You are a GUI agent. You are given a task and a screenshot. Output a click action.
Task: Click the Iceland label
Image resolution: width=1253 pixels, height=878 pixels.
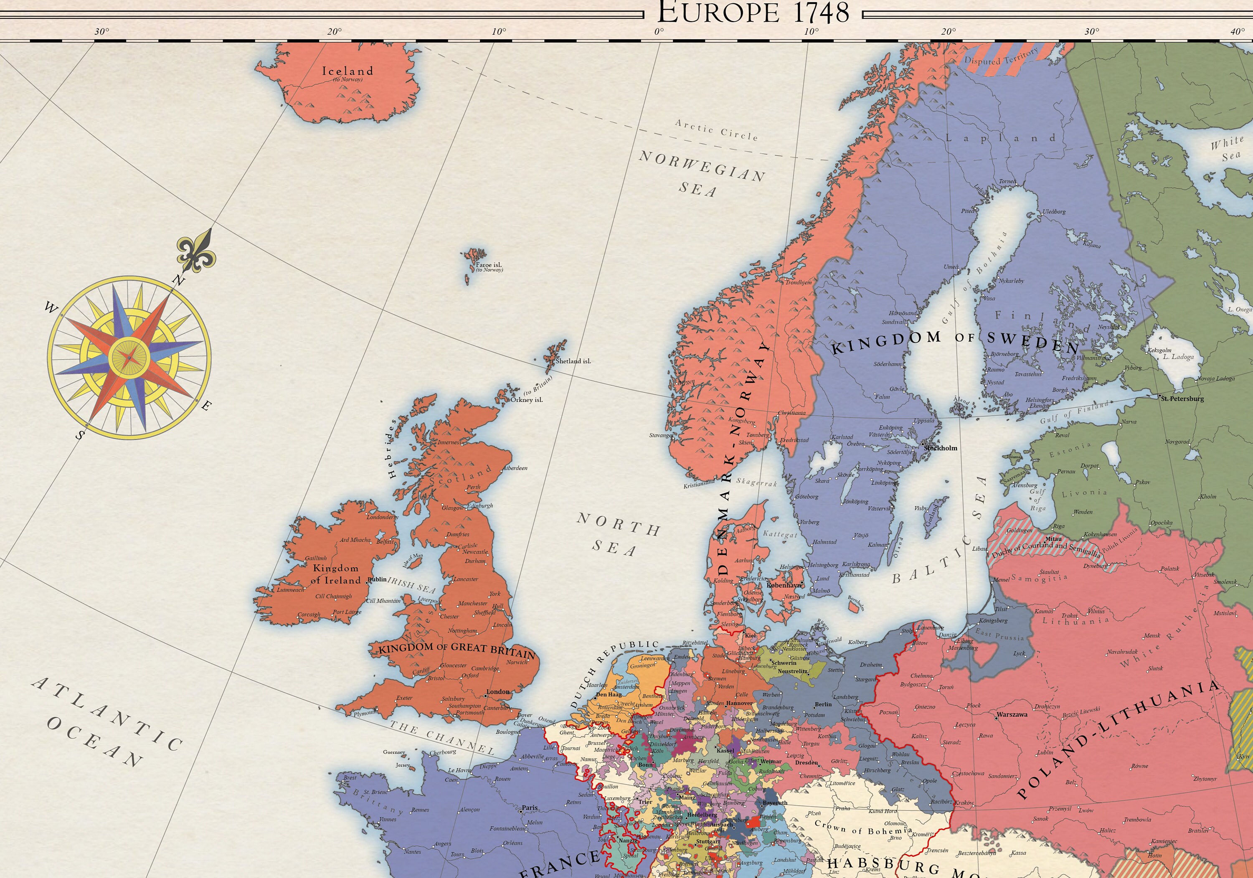(x=347, y=71)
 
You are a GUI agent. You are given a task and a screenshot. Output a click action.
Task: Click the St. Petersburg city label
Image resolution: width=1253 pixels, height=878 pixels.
(x=1182, y=398)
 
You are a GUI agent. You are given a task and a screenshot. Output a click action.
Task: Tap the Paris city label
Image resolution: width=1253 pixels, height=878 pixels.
(x=529, y=807)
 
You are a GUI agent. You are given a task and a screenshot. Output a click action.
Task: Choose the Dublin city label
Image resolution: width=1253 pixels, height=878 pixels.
(x=377, y=579)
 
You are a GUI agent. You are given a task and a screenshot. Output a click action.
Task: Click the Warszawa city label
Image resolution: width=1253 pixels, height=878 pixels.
(x=1012, y=714)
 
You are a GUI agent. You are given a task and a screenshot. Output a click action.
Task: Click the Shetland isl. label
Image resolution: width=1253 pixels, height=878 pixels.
(x=573, y=361)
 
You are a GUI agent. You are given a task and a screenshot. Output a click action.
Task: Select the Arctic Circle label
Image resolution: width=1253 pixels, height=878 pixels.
(x=717, y=130)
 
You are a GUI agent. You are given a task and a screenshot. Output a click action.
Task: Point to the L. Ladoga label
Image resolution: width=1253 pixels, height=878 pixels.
(x=1178, y=357)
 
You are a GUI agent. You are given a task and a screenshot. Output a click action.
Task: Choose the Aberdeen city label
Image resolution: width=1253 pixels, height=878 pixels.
(x=516, y=468)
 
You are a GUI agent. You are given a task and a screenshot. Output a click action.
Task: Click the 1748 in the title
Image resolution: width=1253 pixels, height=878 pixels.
(x=821, y=13)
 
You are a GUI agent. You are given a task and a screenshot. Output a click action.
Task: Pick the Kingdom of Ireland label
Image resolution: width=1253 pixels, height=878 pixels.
(x=336, y=574)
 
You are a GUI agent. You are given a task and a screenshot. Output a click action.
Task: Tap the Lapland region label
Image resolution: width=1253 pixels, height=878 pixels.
(x=1000, y=138)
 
